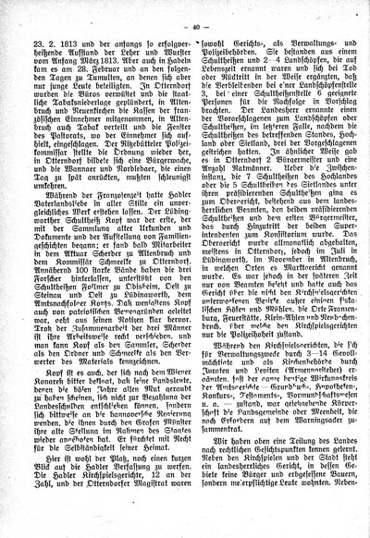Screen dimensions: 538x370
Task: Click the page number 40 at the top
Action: click(185, 12)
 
